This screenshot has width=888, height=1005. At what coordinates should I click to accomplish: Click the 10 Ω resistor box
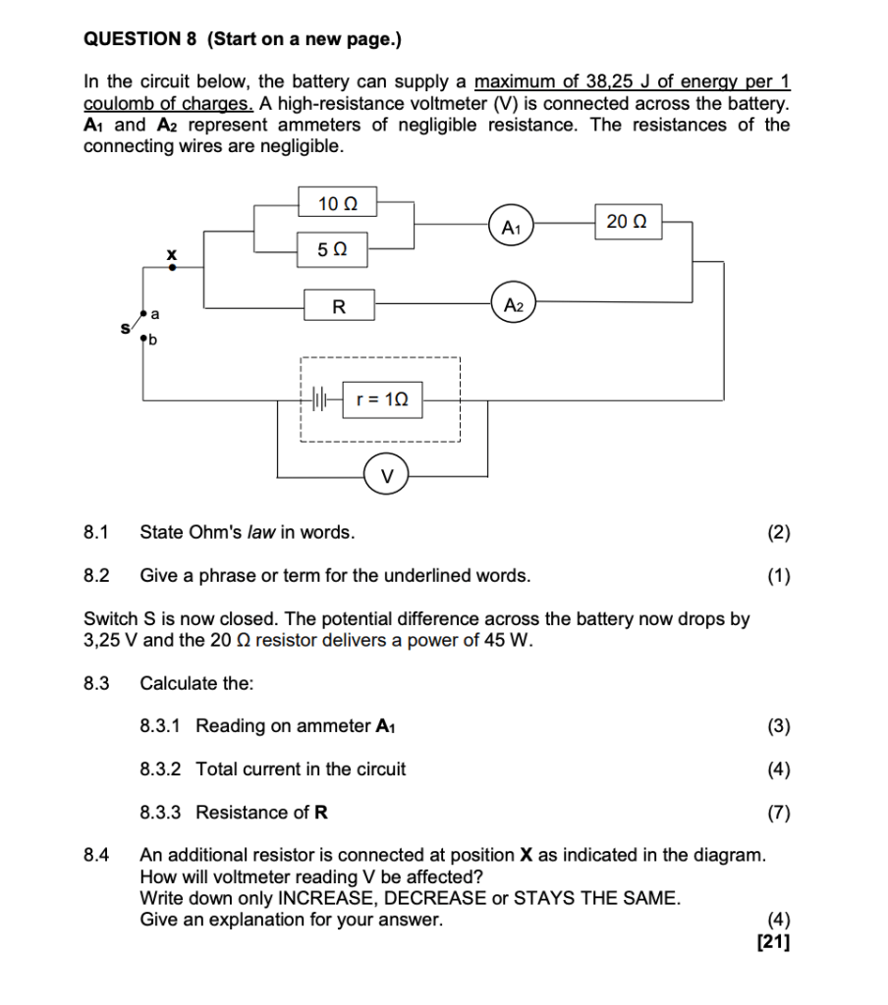click(337, 204)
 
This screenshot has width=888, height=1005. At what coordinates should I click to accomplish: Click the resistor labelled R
click(338, 306)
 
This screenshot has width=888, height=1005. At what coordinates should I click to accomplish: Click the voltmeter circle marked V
click(387, 476)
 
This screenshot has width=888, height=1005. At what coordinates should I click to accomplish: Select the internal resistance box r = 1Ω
click(382, 399)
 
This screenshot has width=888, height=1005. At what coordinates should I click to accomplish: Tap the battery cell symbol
click(317, 399)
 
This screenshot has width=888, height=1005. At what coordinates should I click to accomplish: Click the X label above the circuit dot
click(172, 253)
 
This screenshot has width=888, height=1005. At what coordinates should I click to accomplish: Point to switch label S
click(125, 328)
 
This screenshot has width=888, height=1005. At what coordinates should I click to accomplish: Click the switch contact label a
click(154, 313)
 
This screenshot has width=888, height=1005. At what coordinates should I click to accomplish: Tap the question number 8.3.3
click(161, 812)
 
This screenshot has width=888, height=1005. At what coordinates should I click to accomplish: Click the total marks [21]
click(773, 943)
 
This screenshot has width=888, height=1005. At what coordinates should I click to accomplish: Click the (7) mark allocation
click(778, 812)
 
